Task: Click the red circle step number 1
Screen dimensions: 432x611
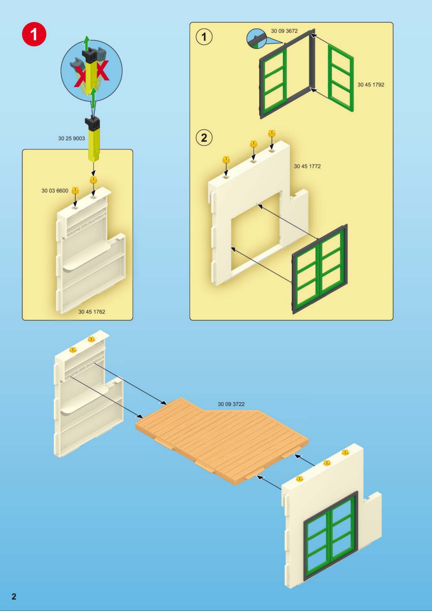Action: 34,34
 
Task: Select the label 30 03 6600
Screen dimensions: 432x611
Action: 55,191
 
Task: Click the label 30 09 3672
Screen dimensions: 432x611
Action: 284,31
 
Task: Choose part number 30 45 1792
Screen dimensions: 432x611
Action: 371,85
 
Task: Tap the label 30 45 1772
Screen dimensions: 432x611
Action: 307,166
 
